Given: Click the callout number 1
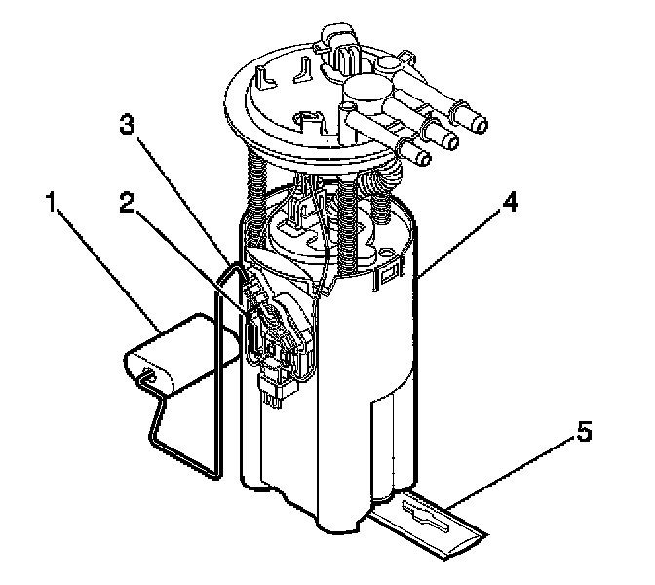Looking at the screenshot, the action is click(x=51, y=202).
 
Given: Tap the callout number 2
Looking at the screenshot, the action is click(x=127, y=202).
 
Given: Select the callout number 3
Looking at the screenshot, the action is click(x=127, y=124).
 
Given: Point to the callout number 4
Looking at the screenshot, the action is click(x=509, y=202).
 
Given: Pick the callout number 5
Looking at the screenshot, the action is click(x=584, y=431).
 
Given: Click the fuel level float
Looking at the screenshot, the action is click(x=181, y=354).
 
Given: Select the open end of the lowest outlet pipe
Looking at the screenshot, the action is click(x=423, y=158).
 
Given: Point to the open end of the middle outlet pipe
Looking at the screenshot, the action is click(x=451, y=140).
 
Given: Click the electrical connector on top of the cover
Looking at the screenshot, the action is click(x=339, y=49).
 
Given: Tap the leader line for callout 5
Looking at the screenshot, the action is click(x=511, y=473).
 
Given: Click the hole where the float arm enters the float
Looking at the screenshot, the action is click(x=149, y=373).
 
